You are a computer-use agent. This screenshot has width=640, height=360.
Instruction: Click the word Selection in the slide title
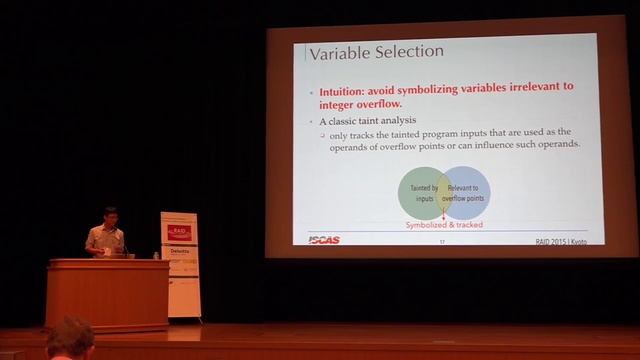[x=408, y=53]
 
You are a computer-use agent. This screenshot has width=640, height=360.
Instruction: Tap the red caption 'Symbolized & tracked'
[x=444, y=225]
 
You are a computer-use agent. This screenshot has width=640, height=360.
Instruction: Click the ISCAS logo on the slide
[x=324, y=239]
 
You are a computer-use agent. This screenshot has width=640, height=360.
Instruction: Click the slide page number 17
[x=443, y=240]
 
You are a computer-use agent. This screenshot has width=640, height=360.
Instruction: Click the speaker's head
[x=111, y=215]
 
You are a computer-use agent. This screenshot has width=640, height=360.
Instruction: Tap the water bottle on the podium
[x=156, y=255]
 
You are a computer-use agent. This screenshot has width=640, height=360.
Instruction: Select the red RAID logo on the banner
[x=180, y=232]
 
